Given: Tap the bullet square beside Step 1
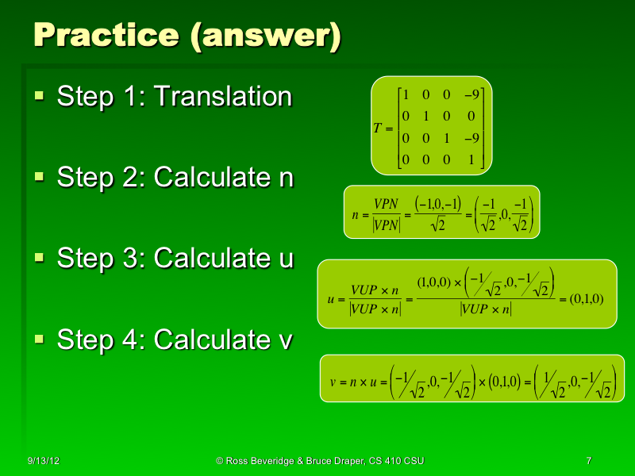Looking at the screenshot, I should tap(40, 97).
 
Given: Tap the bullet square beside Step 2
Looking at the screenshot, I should tap(40, 177).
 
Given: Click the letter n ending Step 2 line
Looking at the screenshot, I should tap(286, 178).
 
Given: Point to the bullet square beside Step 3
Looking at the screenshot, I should tap(40, 259).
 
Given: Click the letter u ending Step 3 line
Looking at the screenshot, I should tap(286, 259).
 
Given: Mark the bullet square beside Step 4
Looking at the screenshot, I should tap(40, 340).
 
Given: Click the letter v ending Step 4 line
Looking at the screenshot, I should tap(286, 341).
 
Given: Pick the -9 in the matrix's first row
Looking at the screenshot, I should tap(471, 94).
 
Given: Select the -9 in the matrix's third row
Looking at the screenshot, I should tap(471, 139).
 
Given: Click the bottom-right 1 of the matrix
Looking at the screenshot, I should tap(472, 160).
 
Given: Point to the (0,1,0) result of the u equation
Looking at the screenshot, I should tap(587, 299).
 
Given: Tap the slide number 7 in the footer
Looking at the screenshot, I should tap(588, 461).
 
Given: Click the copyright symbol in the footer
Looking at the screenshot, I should tap(220, 461).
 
